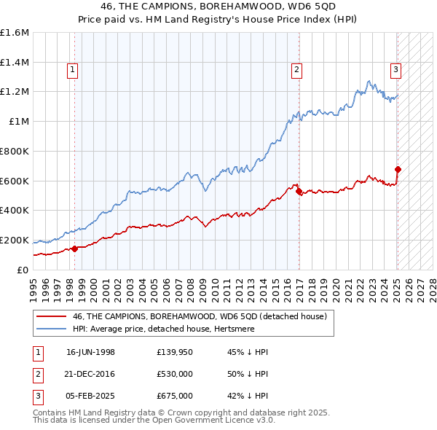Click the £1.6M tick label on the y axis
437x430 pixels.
(x=15, y=33)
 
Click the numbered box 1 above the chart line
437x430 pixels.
(x=74, y=70)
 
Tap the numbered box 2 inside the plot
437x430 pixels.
(x=297, y=70)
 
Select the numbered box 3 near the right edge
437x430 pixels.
(x=395, y=70)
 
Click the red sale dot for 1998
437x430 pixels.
(x=75, y=249)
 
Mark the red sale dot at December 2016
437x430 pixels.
(x=299, y=191)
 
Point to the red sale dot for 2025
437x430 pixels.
(x=398, y=170)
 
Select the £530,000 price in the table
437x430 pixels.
(x=175, y=374)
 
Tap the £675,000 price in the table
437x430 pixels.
(x=175, y=396)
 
